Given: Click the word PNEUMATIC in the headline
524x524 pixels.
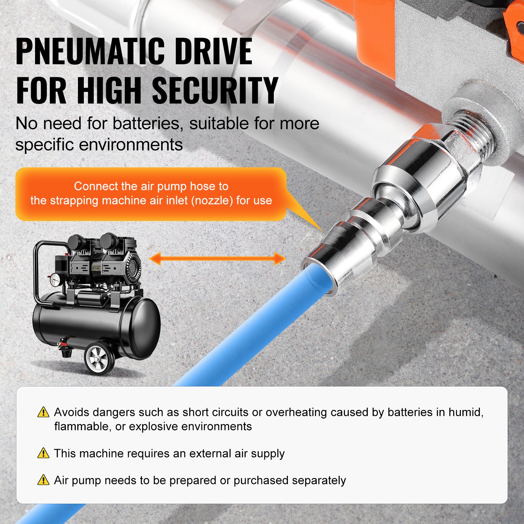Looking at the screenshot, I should click(90, 51).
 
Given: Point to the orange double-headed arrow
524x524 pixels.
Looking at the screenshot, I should click(217, 258).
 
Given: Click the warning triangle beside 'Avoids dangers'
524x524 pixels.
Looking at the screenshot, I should click(43, 412).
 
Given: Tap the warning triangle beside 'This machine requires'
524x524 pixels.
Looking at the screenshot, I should click(43, 453).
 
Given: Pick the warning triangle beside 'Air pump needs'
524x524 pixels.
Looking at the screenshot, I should click(43, 480).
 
